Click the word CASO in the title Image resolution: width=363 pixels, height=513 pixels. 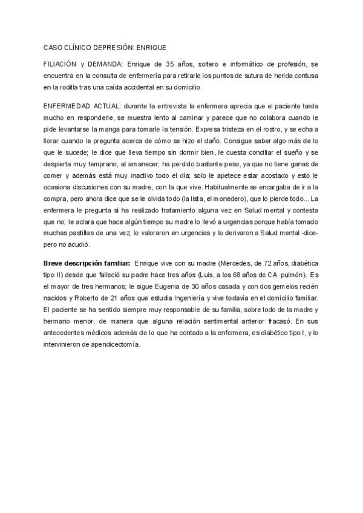coord(53,47)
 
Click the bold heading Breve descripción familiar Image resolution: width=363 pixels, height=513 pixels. coord(87,264)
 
